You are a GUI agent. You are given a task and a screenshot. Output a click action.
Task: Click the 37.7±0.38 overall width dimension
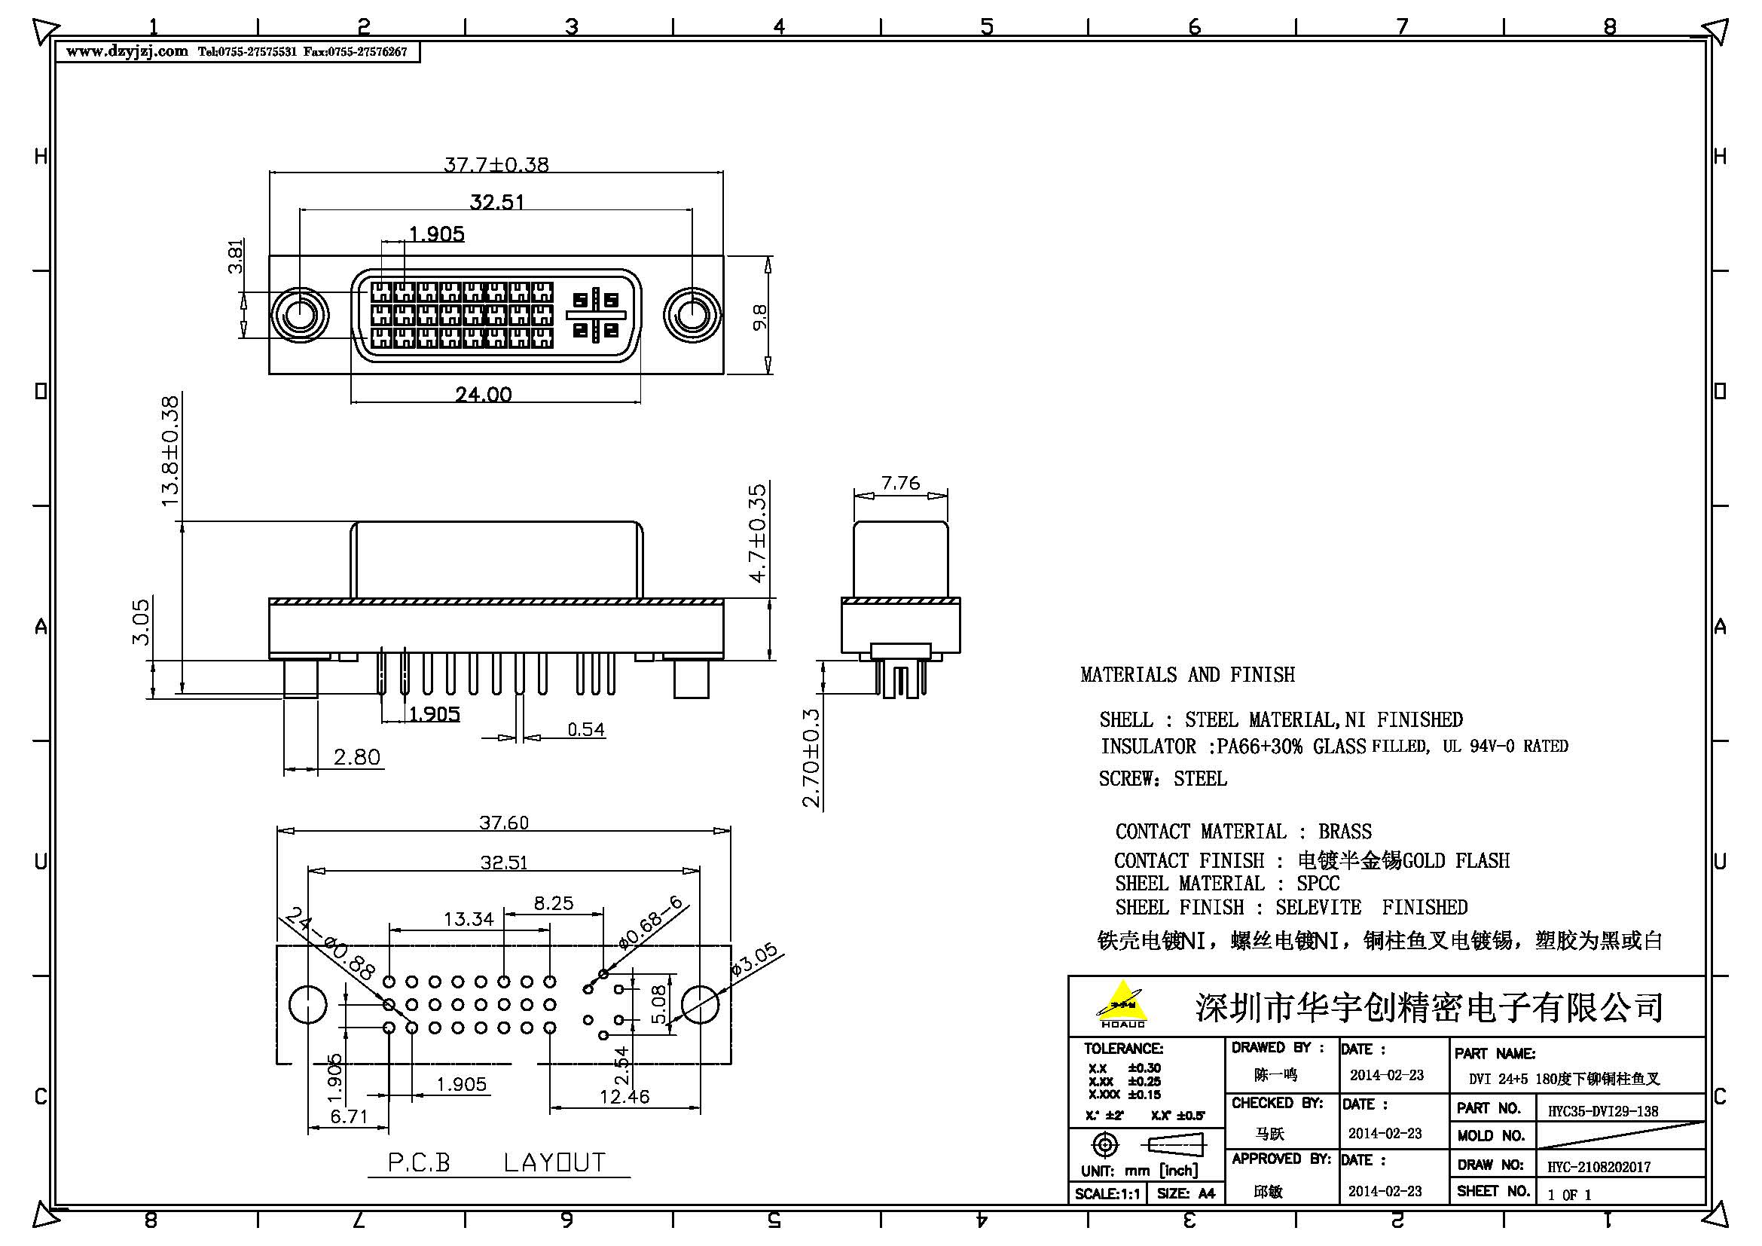pos(496,164)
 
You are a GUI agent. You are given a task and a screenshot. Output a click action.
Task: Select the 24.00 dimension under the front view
pos(484,394)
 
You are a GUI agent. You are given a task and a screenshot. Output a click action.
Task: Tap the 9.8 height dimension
pos(760,317)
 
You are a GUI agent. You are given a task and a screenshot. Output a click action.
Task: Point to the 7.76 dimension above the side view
pos(900,483)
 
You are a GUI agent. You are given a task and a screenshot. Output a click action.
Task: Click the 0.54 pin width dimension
pos(585,729)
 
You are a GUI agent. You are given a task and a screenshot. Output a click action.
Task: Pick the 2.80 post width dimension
pos(357,757)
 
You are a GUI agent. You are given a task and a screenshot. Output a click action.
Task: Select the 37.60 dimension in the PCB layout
pos(504,823)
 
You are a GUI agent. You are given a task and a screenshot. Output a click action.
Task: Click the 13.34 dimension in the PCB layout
pos(468,918)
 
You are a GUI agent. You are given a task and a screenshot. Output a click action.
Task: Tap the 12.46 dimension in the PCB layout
pos(624,1096)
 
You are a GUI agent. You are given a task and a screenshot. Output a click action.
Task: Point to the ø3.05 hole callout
pos(754,959)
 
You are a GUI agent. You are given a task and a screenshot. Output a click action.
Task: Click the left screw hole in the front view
pos(299,316)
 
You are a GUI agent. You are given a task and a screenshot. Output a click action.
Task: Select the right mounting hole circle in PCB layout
pos(700,1004)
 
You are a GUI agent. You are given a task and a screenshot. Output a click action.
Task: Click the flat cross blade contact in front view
pos(597,315)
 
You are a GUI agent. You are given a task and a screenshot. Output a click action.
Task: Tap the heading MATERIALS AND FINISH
pos(1187,674)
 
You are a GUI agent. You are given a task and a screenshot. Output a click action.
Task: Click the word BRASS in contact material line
pos(1345,832)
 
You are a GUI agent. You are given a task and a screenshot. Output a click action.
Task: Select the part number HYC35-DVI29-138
pos(1602,1111)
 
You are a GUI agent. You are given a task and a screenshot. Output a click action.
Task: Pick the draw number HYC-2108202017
pos(1599,1167)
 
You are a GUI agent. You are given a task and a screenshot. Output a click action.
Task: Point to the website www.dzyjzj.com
pos(127,51)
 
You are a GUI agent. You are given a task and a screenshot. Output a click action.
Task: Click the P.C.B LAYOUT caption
pos(497,1162)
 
